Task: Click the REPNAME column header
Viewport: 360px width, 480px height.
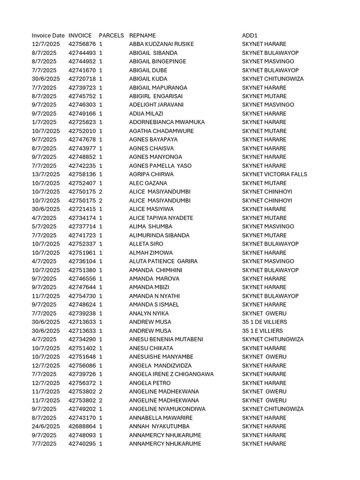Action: (142, 36)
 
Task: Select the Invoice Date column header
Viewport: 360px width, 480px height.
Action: (48, 36)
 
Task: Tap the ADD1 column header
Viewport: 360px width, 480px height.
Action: (250, 36)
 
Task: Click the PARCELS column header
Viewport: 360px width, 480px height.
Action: (112, 36)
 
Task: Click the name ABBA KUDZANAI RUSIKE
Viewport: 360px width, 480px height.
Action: (161, 44)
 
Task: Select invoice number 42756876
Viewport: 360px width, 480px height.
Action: (82, 44)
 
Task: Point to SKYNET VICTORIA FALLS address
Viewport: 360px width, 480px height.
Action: (275, 174)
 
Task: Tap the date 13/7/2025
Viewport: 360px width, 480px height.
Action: (46, 174)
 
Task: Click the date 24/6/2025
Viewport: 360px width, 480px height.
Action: (46, 427)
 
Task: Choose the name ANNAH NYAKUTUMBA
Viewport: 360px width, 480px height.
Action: (159, 427)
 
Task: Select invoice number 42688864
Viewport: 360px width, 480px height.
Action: (82, 427)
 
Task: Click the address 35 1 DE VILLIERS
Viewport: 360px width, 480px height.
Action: (264, 322)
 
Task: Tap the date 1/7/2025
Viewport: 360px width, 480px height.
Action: (44, 122)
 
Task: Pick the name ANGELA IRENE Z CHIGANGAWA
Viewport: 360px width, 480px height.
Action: (171, 374)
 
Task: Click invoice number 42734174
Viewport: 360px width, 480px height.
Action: (82, 218)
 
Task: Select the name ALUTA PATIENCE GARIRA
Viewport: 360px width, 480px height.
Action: (163, 261)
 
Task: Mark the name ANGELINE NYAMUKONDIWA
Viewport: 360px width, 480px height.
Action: (167, 409)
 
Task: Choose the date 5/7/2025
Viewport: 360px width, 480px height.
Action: (44, 226)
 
